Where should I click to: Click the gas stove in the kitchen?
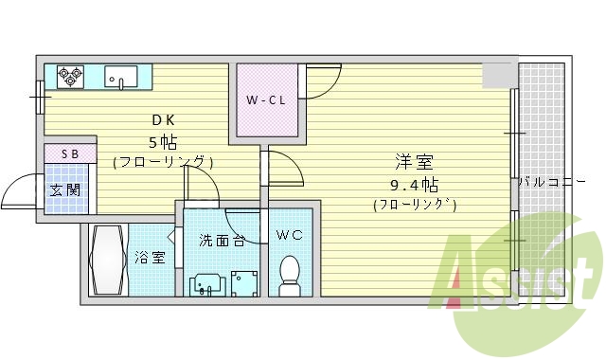click(x=69, y=76)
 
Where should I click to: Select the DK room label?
click(x=163, y=120)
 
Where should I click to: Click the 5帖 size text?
click(x=163, y=142)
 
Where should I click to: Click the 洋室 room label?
click(x=414, y=162)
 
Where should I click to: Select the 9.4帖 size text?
click(x=414, y=184)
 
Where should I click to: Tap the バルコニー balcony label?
click(x=544, y=182)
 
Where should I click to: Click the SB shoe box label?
click(x=70, y=153)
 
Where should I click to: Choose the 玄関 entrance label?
click(x=64, y=189)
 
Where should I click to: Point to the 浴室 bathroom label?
click(x=150, y=257)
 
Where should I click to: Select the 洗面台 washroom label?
click(x=223, y=241)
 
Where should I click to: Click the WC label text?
click(x=289, y=235)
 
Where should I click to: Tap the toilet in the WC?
click(x=291, y=273)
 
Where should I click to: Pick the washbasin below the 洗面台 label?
click(x=207, y=282)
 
